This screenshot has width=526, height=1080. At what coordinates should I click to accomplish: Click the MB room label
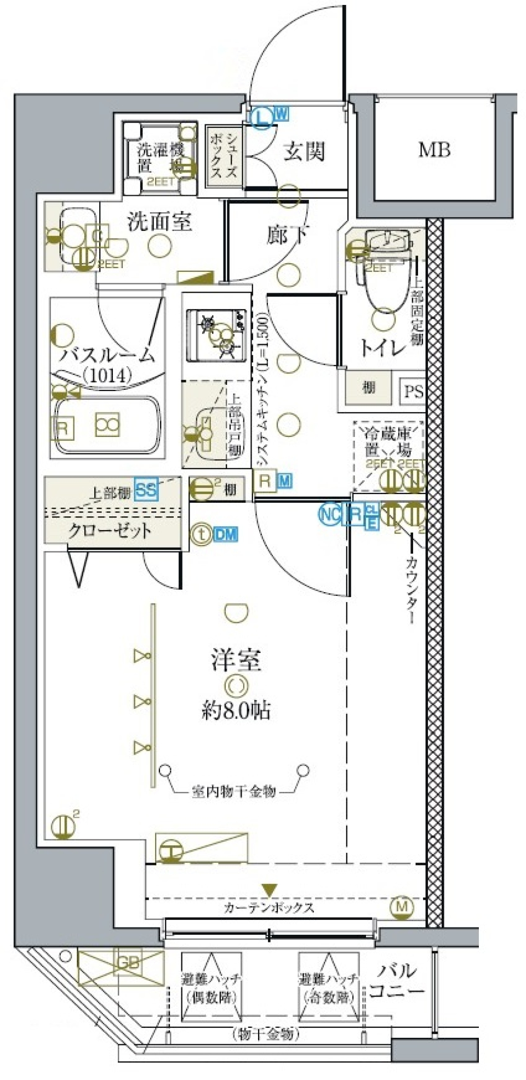click(434, 149)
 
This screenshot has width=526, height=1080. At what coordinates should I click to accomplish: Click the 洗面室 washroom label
click(159, 221)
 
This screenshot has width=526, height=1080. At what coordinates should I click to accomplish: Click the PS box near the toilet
click(413, 391)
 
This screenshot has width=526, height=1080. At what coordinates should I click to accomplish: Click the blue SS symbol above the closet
click(146, 490)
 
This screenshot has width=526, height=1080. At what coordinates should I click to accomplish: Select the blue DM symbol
click(225, 534)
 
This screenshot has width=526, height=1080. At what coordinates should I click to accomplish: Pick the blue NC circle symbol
click(329, 514)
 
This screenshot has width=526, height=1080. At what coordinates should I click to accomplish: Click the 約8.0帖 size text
click(236, 711)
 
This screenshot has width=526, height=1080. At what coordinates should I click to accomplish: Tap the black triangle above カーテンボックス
click(268, 889)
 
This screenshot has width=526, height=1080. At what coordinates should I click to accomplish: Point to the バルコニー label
click(397, 981)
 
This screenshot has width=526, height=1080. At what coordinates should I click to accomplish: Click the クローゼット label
click(110, 531)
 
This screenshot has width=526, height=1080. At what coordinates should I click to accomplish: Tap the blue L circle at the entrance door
click(264, 116)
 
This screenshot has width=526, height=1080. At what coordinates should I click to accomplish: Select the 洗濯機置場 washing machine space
click(161, 158)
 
